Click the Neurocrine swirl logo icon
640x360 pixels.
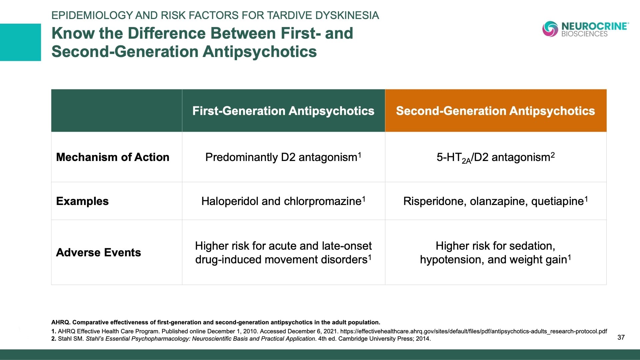point(550,29)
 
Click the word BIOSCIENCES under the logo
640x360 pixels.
point(584,34)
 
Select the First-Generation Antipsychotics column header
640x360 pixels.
point(283,111)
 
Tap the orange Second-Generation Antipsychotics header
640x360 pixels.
point(495,111)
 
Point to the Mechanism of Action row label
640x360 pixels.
point(113,157)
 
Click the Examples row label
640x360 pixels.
point(82,201)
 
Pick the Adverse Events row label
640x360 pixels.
point(98,252)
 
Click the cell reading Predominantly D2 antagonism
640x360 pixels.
point(283,157)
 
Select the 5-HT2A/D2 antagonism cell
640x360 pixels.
point(495,157)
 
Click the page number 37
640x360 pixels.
point(621,337)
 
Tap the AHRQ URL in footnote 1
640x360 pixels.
point(473,331)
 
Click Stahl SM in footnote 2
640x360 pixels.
point(71,339)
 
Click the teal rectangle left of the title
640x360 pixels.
point(20,42)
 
